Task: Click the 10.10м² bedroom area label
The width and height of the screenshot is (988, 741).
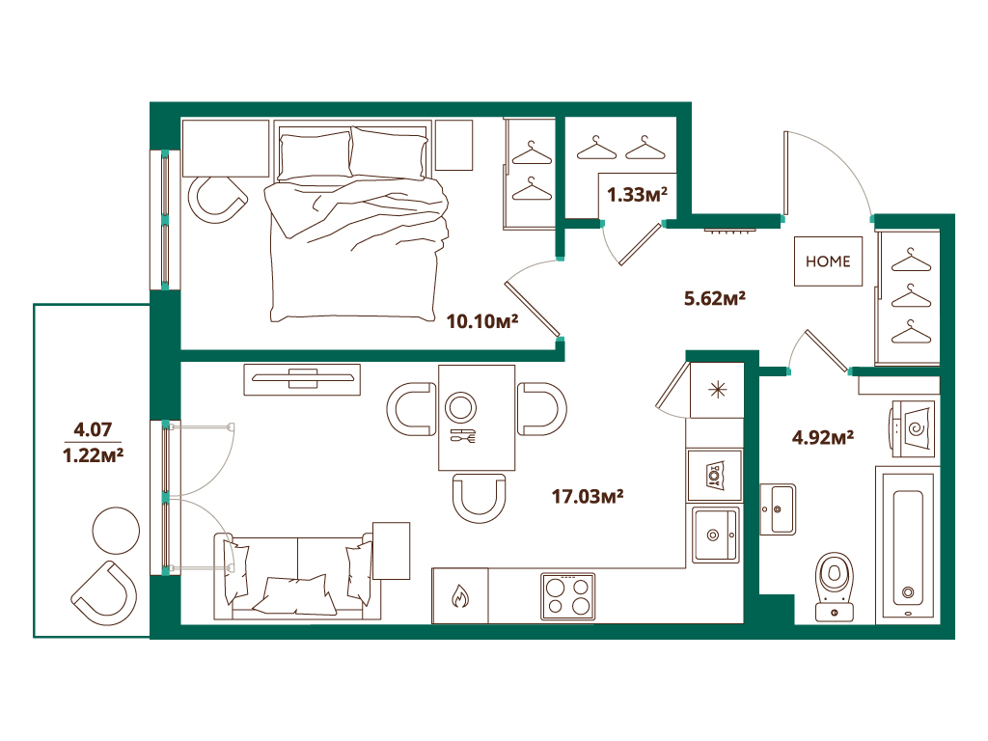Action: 482,321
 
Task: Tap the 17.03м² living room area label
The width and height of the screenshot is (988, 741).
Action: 588,497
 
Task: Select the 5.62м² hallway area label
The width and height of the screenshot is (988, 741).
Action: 715,298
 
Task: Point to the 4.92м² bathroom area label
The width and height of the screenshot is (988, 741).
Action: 822,437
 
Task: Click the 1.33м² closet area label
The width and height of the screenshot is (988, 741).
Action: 637,195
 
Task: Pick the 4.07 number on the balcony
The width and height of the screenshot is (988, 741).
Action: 93,429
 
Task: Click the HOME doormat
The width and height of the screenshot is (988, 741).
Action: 828,261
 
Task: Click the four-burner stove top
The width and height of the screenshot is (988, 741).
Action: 567,596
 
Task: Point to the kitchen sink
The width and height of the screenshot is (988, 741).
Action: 715,535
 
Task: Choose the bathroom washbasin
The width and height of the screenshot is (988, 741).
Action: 778,509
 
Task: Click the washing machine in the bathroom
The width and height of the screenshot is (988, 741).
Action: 912,429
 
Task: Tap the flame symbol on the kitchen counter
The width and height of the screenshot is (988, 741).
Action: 460,596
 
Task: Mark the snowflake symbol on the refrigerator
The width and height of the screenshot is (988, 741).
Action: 718,390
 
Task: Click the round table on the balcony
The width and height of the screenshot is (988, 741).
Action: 116,531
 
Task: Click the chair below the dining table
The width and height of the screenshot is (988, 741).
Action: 479,498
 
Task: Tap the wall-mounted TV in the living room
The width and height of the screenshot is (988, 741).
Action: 302,378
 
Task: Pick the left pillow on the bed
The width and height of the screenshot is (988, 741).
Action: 315,156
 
